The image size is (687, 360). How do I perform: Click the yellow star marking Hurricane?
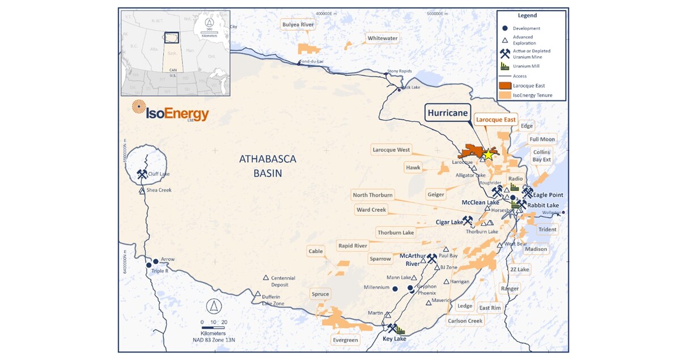[x=488, y=154]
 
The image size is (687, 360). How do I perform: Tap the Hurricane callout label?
[x=448, y=113]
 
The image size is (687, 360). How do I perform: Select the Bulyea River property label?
[x=298, y=24]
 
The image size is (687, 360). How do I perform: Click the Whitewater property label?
[x=383, y=39]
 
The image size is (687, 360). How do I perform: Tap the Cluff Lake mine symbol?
[x=142, y=174]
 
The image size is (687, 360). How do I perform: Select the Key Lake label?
[x=395, y=339]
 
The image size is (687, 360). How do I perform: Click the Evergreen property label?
[x=345, y=340]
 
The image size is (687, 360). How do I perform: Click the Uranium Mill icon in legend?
[x=504, y=66]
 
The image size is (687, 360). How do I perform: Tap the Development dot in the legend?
[x=504, y=28]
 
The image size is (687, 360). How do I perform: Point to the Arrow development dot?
[x=156, y=261]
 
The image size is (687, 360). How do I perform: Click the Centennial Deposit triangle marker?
[x=265, y=277]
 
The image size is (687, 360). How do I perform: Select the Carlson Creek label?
[x=465, y=321]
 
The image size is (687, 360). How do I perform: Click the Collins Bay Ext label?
[x=542, y=156]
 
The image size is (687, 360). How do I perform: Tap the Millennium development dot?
[x=395, y=289]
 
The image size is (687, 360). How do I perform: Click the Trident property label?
[x=547, y=230]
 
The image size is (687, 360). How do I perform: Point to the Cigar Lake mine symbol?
[x=468, y=220]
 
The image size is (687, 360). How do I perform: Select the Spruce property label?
[x=320, y=294]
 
